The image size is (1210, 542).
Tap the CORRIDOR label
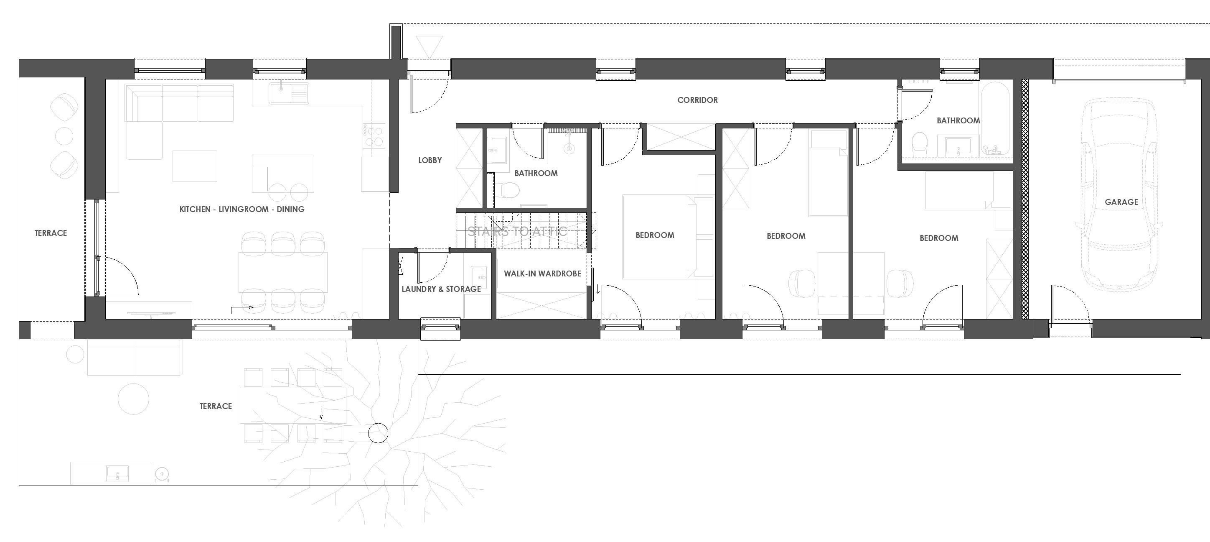[697, 100]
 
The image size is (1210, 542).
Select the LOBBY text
[430, 160]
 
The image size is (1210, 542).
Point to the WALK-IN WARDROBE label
[542, 274]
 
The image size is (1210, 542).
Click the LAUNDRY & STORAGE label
[441, 289]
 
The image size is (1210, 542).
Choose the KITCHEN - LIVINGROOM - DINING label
[241, 209]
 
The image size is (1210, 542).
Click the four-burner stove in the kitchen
[374, 135]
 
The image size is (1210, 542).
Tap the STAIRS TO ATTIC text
[517, 231]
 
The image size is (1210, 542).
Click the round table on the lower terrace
[133, 399]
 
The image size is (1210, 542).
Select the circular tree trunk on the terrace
[378, 433]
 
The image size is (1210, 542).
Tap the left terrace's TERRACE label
[51, 233]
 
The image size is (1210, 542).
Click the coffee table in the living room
[194, 166]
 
